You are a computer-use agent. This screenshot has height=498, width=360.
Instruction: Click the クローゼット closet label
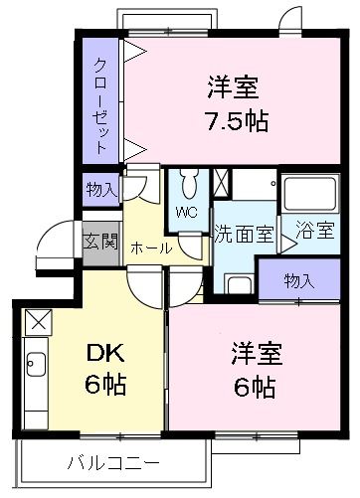coord(101,103)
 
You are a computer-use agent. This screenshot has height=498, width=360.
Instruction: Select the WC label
coord(186,213)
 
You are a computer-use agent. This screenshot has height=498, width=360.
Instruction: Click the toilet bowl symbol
coord(189,185)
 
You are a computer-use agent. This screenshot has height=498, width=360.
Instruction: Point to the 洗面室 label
coord(243,236)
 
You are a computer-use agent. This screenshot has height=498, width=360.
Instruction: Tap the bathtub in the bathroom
coord(310,195)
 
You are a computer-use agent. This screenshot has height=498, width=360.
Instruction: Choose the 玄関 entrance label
coord(99,241)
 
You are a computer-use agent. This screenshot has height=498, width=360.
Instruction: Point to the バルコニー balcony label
coord(113,462)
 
